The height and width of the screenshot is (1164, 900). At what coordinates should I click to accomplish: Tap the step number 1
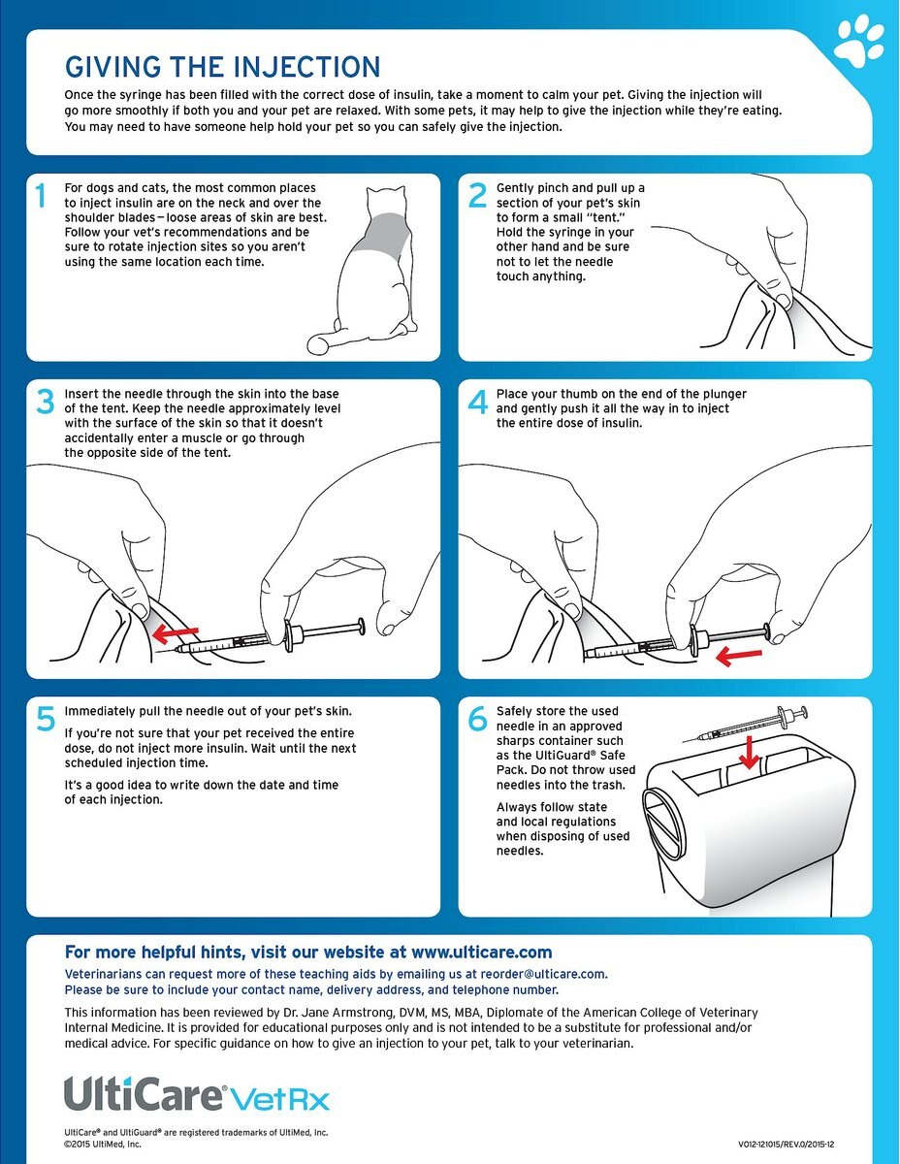[x=40, y=196]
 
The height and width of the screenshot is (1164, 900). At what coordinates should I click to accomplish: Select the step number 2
[x=477, y=196]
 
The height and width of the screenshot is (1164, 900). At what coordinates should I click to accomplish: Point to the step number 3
[x=46, y=402]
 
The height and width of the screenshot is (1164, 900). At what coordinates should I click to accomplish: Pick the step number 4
[x=478, y=402]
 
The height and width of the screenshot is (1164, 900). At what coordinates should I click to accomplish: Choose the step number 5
[x=46, y=719]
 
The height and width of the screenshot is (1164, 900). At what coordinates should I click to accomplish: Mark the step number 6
[x=477, y=719]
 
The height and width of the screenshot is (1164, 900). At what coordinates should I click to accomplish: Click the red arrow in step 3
[x=176, y=634]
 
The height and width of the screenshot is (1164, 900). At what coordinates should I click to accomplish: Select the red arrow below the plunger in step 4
[x=739, y=656]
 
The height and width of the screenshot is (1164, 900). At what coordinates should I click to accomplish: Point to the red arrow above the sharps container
[x=748, y=752]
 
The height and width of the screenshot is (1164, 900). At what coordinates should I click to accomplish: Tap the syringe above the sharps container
[x=745, y=725]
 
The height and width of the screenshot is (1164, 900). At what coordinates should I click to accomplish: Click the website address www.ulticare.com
[x=481, y=952]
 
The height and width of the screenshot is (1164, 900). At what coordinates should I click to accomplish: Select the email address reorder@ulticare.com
[x=543, y=974]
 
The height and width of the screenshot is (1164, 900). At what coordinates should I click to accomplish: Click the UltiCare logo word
[x=143, y=1094]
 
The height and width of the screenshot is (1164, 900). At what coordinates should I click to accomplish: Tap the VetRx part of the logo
[x=279, y=1099]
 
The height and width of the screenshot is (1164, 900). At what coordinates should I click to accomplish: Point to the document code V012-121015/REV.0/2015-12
[x=786, y=1145]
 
